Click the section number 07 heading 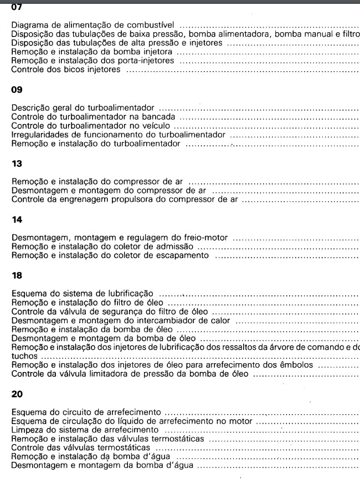(x=17, y=7)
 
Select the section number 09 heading (x=17, y=88)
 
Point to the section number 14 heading (x=17, y=220)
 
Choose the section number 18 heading (x=17, y=274)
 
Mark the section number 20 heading (x=17, y=395)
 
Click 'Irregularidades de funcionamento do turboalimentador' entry (x=118, y=135)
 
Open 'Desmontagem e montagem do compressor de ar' (x=109, y=191)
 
